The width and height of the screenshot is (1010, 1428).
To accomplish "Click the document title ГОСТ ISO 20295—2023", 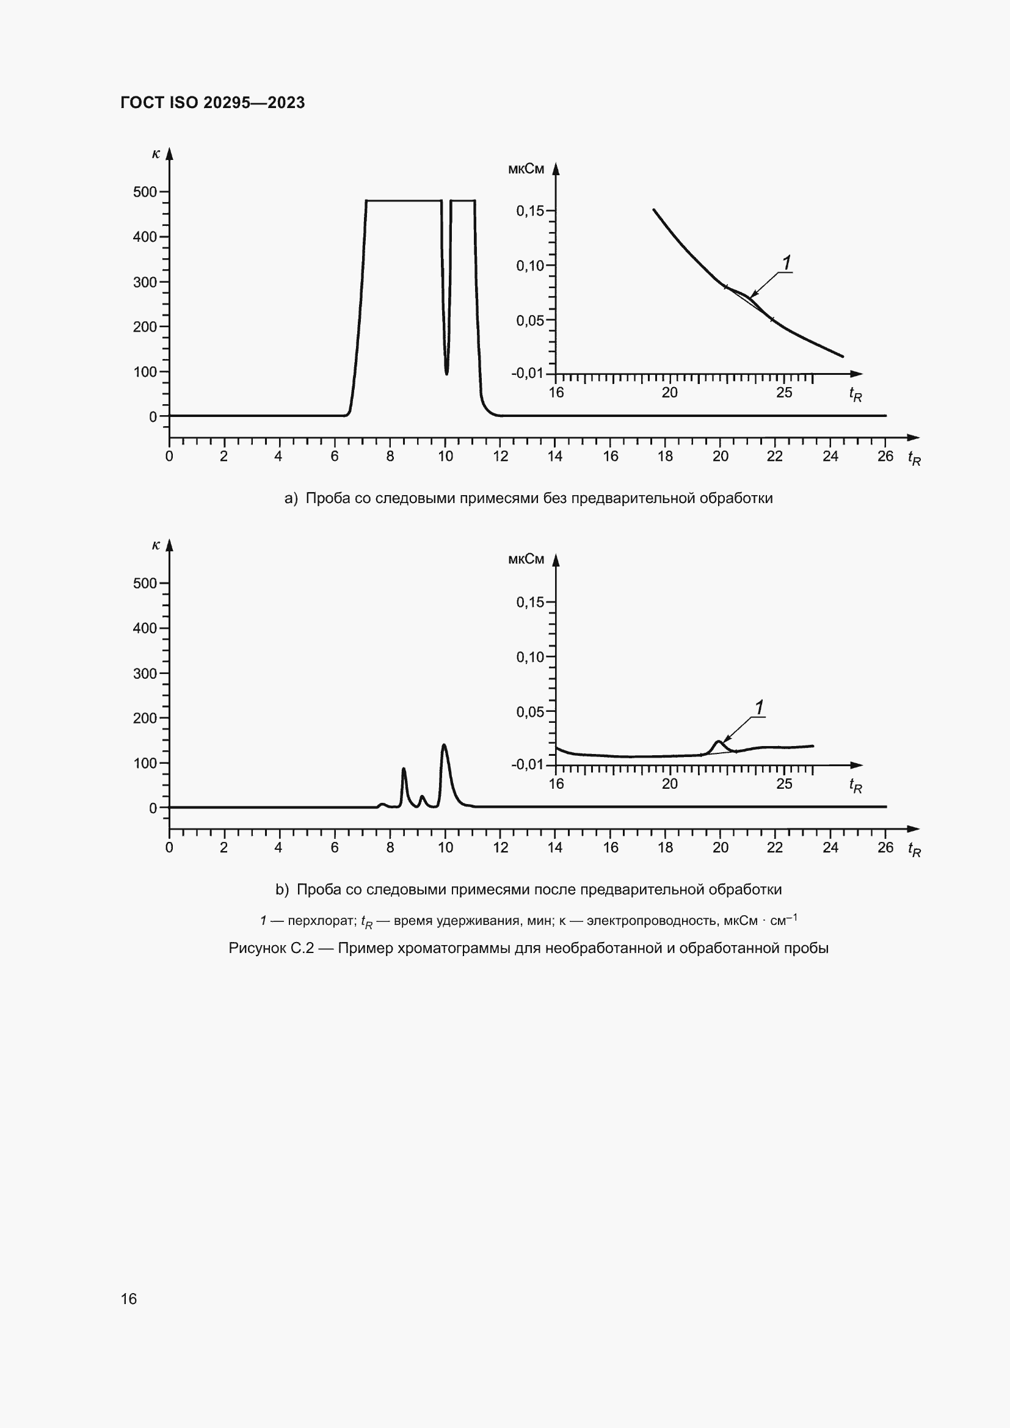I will (x=213, y=103).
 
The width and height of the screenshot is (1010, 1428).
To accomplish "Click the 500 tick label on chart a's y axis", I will (x=145, y=192).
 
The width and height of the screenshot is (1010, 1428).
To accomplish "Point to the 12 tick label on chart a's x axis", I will (x=501, y=457).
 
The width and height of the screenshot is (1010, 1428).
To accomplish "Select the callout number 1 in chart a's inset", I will (x=787, y=263).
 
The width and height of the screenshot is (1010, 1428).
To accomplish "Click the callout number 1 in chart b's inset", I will (x=760, y=708).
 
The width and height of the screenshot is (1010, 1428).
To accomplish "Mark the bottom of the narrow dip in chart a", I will (x=446, y=373).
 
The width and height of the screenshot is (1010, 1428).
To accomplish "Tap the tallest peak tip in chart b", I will (x=444, y=744).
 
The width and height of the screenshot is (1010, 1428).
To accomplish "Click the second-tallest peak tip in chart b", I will (x=404, y=769).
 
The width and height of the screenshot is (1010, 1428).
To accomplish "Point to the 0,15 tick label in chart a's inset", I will (x=530, y=211).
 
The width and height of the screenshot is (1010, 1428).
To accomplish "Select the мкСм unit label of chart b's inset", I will (x=526, y=559).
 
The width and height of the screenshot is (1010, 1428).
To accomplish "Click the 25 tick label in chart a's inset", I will (x=784, y=393).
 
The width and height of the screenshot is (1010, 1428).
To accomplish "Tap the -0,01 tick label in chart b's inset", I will (x=528, y=764).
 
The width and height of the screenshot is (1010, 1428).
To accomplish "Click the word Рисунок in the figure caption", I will (x=257, y=948).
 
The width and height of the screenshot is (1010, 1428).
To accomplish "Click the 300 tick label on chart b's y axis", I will (x=145, y=673).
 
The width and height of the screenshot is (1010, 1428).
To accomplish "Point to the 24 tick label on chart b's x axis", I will (x=830, y=848).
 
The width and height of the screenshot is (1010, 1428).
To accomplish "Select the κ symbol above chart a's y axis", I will (x=156, y=154).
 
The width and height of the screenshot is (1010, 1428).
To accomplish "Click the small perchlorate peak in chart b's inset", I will (x=719, y=741).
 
